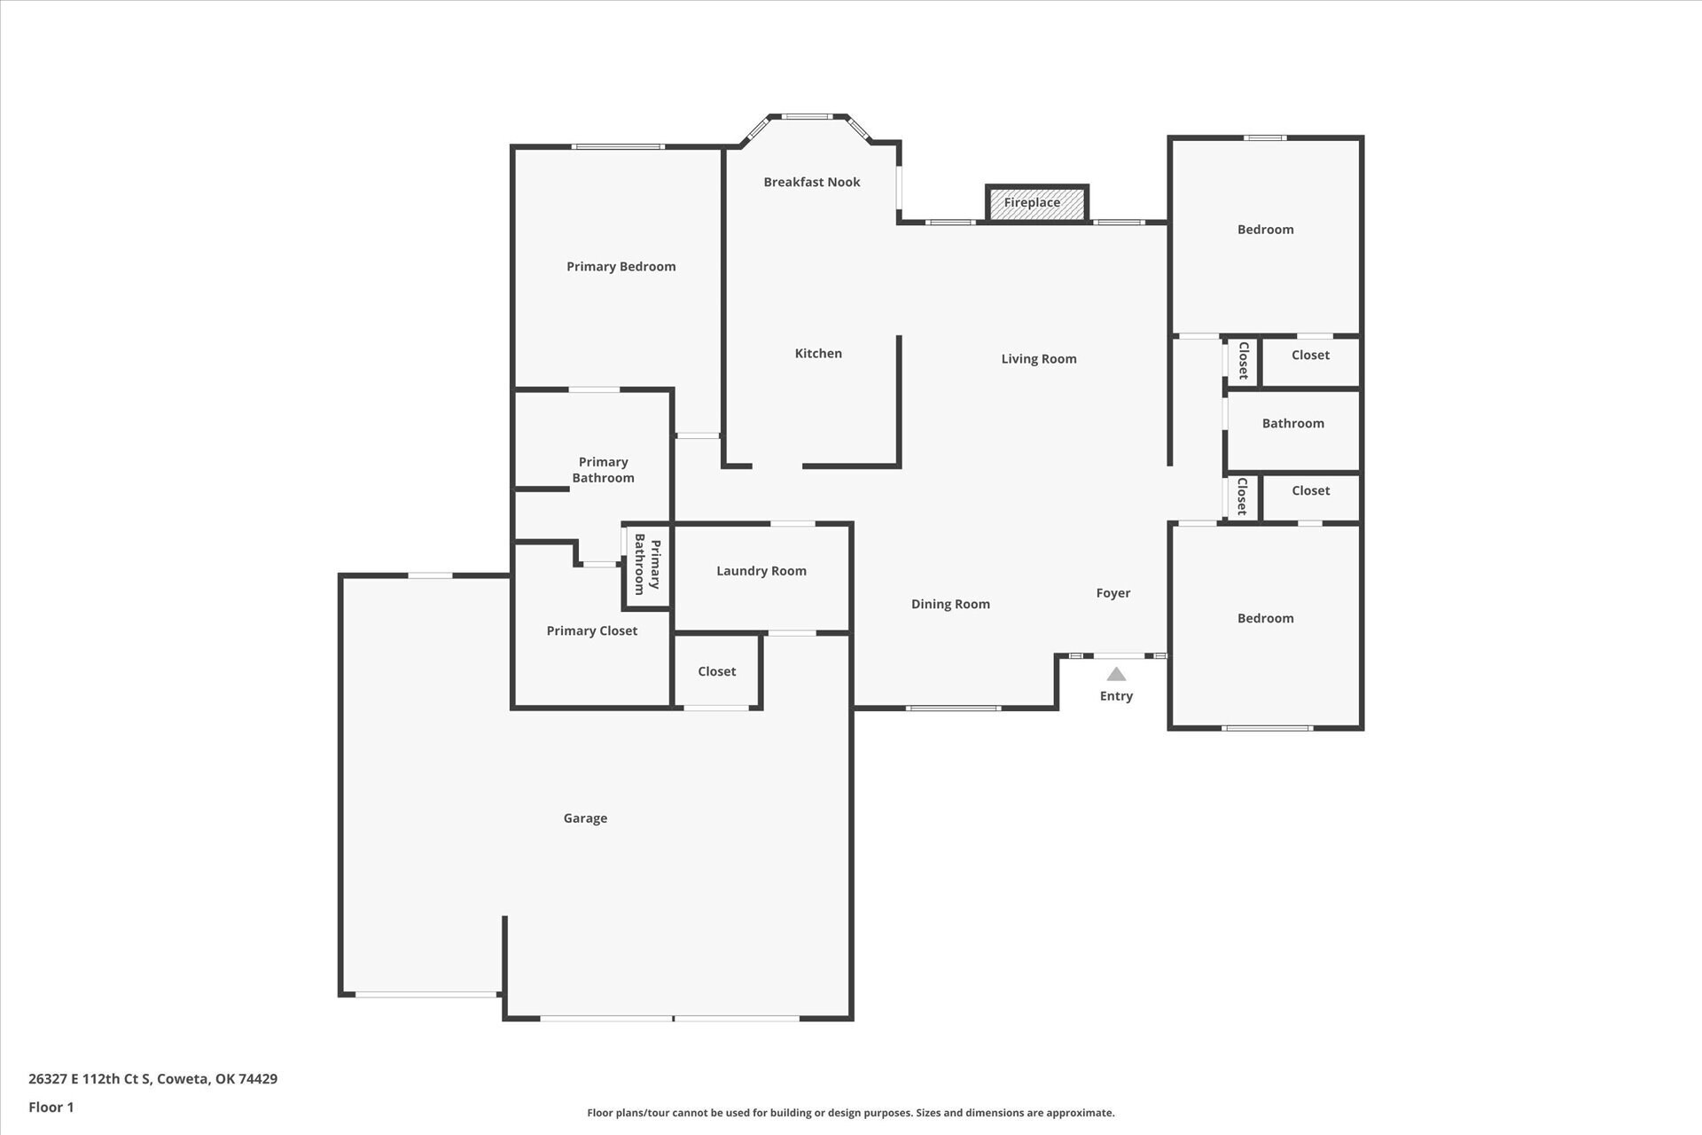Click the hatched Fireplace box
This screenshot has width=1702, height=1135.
pyautogui.click(x=1036, y=203)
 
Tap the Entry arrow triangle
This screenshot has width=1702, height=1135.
pyautogui.click(x=1116, y=674)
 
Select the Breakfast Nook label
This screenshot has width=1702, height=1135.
pyautogui.click(x=812, y=182)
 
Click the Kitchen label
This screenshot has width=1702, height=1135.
pyautogui.click(x=818, y=353)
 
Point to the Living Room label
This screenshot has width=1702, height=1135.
pyautogui.click(x=1039, y=359)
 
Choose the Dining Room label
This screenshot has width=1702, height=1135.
pyautogui.click(x=950, y=604)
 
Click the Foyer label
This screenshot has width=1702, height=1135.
pyautogui.click(x=1113, y=593)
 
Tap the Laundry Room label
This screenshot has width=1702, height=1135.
pyautogui.click(x=761, y=571)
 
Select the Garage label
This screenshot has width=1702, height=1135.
pyautogui.click(x=585, y=818)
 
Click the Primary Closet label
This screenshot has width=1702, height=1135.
pyautogui.click(x=592, y=630)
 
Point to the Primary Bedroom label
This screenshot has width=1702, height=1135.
pyautogui.click(x=621, y=267)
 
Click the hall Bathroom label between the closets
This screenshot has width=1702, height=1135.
pyautogui.click(x=1293, y=423)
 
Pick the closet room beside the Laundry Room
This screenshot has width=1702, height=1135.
pyautogui.click(x=717, y=671)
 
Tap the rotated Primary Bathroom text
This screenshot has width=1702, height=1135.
pyautogui.click(x=647, y=565)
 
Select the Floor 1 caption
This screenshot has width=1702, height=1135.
pyautogui.click(x=51, y=1107)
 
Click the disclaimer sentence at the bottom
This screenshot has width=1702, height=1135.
pyautogui.click(x=851, y=1113)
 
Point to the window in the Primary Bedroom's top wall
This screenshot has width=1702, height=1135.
pyautogui.click(x=618, y=146)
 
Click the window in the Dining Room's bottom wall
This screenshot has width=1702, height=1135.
pyautogui.click(x=953, y=708)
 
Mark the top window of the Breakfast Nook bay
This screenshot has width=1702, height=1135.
pyautogui.click(x=807, y=116)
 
